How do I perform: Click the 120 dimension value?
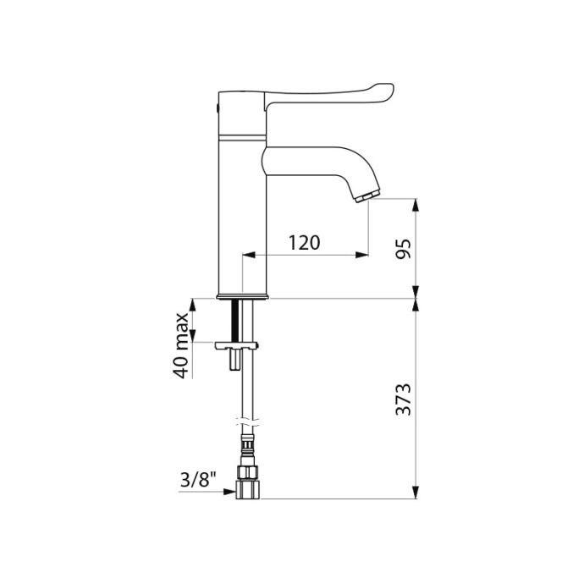point(305,243)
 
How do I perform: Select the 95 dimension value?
point(404,249)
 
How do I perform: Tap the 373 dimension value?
point(404,399)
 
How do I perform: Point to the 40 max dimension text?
point(182,346)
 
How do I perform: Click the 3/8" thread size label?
point(198,480)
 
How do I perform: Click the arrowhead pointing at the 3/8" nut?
point(229,492)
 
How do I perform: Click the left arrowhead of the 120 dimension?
point(249,255)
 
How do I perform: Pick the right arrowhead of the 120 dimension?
point(361,255)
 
